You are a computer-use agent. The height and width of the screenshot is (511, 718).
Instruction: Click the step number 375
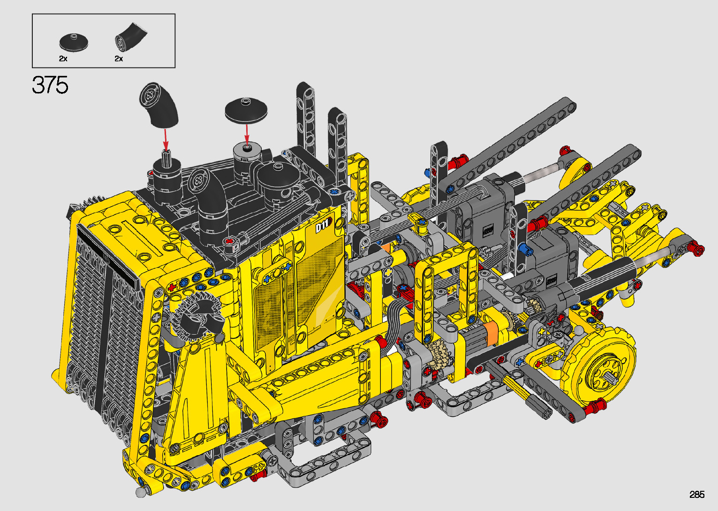pos(50,85)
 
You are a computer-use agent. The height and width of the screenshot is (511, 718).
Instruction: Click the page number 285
pos(697,494)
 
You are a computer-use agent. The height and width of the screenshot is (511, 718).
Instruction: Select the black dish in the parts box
pos(74,42)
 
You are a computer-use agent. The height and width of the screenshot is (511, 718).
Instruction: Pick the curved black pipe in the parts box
pos(131,37)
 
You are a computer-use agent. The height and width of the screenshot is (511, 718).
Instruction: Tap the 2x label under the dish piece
pos(63,58)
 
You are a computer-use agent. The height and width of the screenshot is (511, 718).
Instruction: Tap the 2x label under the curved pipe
pos(119,58)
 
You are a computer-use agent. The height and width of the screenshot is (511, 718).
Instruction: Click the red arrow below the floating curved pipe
pos(166,139)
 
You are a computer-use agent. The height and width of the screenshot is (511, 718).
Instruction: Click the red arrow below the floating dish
pos(247,134)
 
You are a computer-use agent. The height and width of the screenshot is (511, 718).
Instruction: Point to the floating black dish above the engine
pos(246,110)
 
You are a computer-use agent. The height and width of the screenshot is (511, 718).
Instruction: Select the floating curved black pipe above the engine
pos(159,105)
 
